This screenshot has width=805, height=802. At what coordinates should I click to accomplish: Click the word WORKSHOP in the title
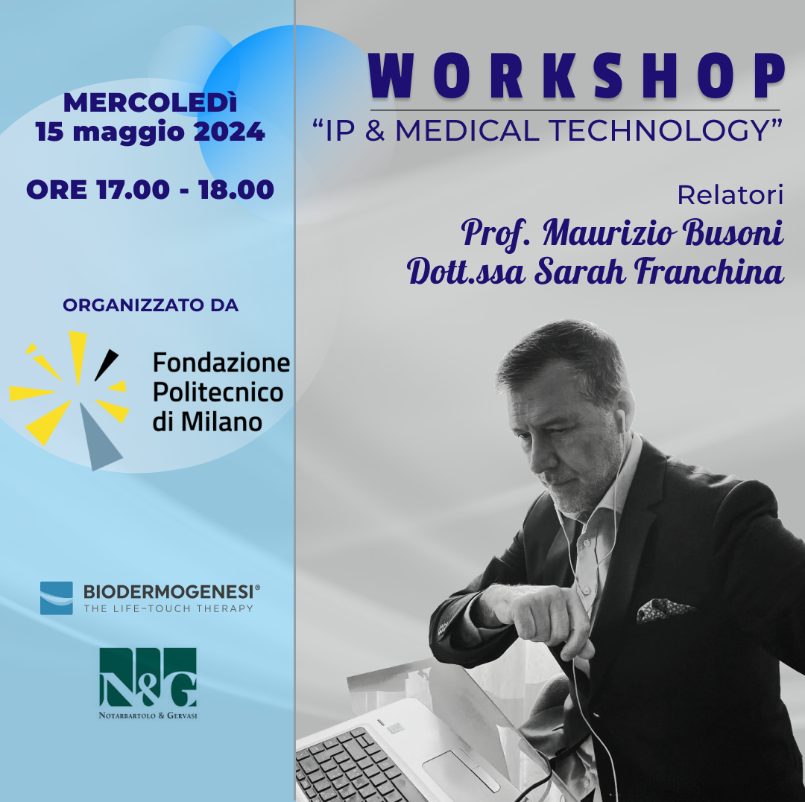coord(576,75)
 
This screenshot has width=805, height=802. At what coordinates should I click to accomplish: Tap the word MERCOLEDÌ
coord(150,103)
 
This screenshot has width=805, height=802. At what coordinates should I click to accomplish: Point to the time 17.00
coord(133,190)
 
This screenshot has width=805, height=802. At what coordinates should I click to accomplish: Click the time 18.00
coord(236,190)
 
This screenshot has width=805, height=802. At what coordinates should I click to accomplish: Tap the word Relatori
coord(730,195)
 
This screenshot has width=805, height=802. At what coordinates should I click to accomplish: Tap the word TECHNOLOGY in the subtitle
coord(660,130)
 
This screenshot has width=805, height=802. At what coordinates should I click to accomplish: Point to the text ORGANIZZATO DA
coord(151,305)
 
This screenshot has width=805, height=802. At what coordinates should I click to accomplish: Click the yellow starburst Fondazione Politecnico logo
coord(69,399)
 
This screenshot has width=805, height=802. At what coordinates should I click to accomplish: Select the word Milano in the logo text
coord(221,422)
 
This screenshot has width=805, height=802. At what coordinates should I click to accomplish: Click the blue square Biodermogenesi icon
coord(57,598)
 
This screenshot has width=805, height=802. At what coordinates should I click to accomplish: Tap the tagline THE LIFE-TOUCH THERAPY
coord(169,608)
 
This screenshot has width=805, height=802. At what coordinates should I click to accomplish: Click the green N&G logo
coord(148,683)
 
